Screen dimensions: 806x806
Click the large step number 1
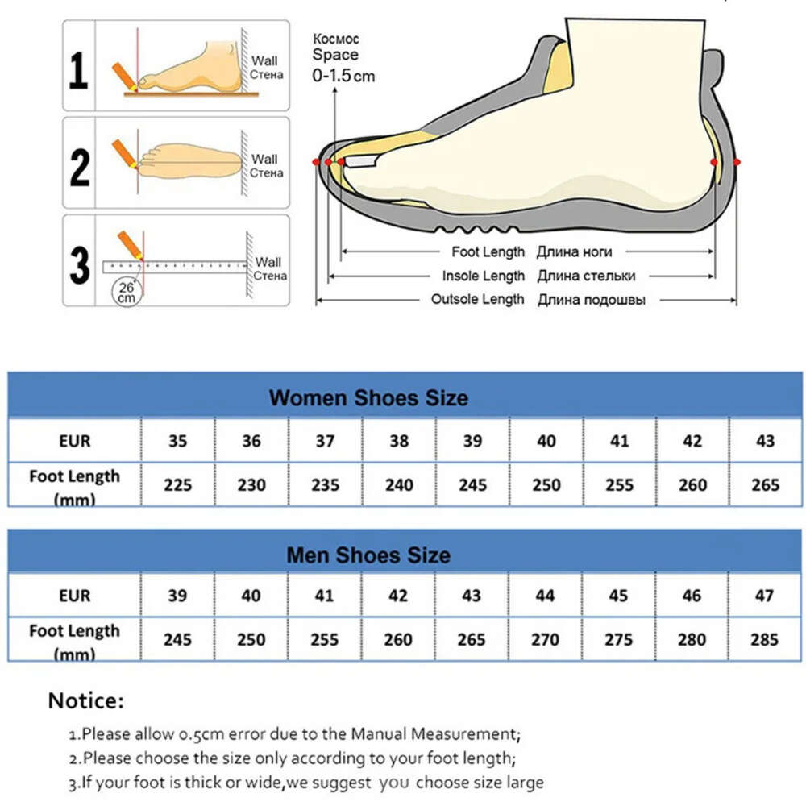click(78, 70)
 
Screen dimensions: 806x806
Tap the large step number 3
click(80, 265)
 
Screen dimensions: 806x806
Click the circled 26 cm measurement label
click(127, 293)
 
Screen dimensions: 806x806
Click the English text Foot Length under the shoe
click(488, 251)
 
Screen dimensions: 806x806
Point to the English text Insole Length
click(483, 276)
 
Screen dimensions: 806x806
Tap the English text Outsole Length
click(477, 299)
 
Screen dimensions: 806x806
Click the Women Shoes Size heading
click(368, 398)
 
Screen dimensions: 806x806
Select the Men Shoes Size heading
click(368, 555)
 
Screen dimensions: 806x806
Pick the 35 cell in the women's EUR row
click(178, 441)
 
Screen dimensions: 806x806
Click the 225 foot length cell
click(178, 484)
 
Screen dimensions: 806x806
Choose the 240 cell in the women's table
click(399, 484)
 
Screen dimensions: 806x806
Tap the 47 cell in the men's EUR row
click(764, 596)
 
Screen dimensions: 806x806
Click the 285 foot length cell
click(764, 639)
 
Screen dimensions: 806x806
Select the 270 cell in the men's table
click(545, 639)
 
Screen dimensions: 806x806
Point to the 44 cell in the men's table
click(545, 596)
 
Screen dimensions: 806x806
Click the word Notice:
click(86, 700)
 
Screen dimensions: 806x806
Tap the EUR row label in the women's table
click(74, 441)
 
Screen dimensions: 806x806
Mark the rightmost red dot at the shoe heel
click(737, 163)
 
